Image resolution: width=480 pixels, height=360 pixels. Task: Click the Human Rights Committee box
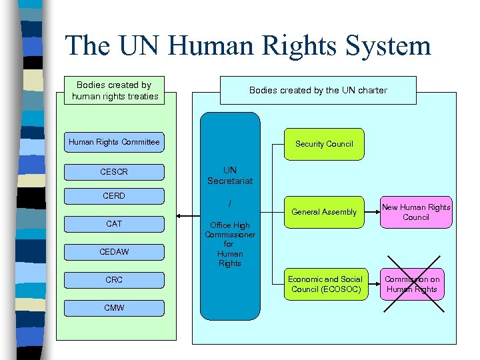[114, 142]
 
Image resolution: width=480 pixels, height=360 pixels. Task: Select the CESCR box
[114, 172]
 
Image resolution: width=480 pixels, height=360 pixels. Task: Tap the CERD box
[114, 196]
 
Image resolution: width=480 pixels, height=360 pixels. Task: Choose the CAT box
[114, 224]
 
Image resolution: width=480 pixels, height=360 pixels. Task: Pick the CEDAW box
[114, 252]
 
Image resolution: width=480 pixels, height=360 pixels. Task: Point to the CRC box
[114, 280]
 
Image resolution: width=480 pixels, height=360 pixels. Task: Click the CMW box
[114, 308]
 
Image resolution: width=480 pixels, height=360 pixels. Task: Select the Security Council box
[324, 144]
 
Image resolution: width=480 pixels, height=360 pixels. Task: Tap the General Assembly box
[324, 212]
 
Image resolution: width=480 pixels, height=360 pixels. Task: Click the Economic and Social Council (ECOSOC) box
[325, 284]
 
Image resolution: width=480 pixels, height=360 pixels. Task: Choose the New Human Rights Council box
[416, 212]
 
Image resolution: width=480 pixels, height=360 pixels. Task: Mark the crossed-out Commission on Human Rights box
[411, 284]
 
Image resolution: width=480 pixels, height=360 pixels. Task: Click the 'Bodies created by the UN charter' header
[318, 90]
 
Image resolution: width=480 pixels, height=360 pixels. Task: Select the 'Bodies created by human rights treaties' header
[115, 91]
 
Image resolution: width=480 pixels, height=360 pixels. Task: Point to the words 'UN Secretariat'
[230, 175]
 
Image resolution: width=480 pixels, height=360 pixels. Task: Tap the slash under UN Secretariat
[230, 202]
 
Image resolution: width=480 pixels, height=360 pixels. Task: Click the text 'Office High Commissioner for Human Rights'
[230, 244]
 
